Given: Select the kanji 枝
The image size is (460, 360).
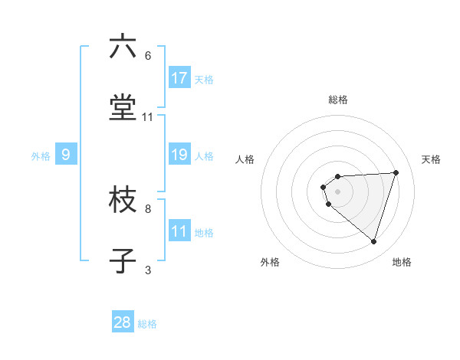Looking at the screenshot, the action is click(x=123, y=201).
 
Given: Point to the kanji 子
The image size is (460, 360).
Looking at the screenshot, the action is click(x=123, y=261).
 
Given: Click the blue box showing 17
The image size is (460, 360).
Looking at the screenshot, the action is click(x=179, y=78).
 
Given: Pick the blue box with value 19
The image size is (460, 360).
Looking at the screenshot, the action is click(x=179, y=155).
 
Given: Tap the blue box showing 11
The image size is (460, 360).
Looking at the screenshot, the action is click(x=179, y=231).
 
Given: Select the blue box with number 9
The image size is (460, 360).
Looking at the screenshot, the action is click(x=66, y=155).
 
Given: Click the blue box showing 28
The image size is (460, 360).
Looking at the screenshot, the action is click(x=123, y=322).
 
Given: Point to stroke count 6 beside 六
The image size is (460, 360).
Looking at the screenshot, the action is click(x=148, y=56).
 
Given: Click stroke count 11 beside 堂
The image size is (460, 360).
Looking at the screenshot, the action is click(x=148, y=117).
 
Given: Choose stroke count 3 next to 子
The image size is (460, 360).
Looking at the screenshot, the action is click(x=148, y=270).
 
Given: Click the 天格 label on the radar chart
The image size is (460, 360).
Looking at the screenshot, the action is click(x=431, y=159).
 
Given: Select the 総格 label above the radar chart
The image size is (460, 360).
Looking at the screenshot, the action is click(x=337, y=100).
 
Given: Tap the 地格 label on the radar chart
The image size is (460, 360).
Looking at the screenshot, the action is click(x=402, y=262).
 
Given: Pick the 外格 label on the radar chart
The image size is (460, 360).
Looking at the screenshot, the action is click(x=270, y=262).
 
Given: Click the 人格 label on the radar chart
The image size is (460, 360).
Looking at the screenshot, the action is click(x=245, y=159).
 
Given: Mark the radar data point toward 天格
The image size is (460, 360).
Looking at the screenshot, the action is click(x=396, y=172).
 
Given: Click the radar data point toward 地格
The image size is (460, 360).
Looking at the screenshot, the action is click(x=373, y=242).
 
